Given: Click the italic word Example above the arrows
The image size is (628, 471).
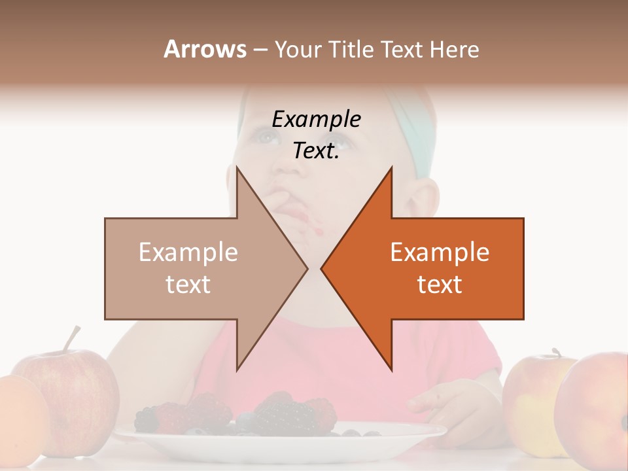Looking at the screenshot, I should (317, 120).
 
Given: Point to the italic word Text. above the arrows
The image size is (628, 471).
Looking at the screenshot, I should (316, 151).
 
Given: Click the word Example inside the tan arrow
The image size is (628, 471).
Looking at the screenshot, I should (188, 253).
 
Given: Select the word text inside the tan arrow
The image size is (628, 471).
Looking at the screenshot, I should (188, 285).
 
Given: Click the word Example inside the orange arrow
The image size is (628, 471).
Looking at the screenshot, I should (440, 253).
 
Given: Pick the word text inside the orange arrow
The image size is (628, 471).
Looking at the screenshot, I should (440, 285).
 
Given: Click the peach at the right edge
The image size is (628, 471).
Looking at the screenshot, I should (599, 412).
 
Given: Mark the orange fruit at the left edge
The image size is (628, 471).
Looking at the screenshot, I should (20, 419).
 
